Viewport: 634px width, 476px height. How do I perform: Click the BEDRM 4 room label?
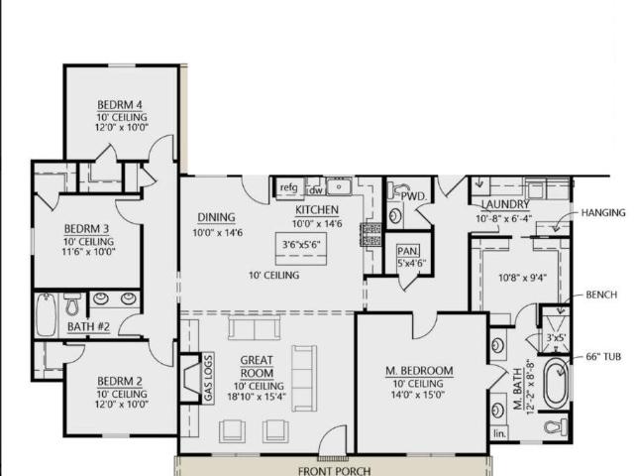pos(120,105)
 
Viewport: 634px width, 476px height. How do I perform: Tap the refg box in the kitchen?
pos(289,188)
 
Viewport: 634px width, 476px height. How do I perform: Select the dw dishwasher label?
pos(315,190)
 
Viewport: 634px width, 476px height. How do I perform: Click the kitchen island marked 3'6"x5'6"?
pos(301,249)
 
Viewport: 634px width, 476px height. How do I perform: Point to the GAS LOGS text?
pos(208,378)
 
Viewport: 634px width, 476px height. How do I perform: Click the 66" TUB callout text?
pos(603,357)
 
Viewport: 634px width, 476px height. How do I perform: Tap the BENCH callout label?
pos(601,295)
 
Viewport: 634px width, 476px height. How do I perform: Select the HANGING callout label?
pos(603,212)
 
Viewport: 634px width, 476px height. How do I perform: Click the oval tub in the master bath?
pos(556,384)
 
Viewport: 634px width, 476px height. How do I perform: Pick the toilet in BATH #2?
pos(72,304)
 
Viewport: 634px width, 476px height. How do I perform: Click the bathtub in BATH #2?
pos(46,314)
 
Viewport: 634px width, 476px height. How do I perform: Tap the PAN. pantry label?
pos(408,251)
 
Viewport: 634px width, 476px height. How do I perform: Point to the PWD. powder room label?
pos(414,196)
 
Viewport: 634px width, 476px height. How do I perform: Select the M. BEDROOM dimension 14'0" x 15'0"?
pos(418,395)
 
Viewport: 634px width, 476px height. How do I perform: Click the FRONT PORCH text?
pos(335,471)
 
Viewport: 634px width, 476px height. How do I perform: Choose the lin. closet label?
pos(499,434)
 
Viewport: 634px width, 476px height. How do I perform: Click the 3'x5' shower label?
pos(556,337)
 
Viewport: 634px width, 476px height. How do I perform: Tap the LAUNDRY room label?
pos(505,204)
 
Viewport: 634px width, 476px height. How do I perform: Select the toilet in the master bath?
pos(556,426)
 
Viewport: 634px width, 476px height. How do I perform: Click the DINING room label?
pos(216,217)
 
